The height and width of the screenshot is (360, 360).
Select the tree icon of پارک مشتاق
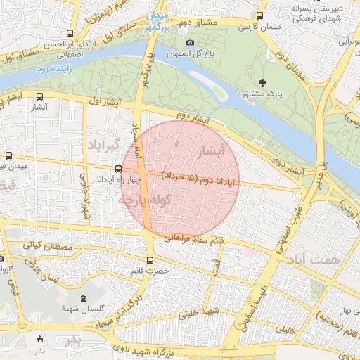pos(262,82)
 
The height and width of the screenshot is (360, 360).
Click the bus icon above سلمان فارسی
pos(260,16)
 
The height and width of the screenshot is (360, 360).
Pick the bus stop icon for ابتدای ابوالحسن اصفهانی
pos(69,33)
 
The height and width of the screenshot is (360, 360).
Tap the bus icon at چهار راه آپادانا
pos(118,169)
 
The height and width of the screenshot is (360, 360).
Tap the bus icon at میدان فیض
pos(8,155)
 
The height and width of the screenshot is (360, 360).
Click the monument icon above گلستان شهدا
pos(84,298)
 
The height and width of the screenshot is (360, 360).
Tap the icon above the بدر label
pos(40,339)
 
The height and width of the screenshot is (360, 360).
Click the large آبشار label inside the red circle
pos(212,150)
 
